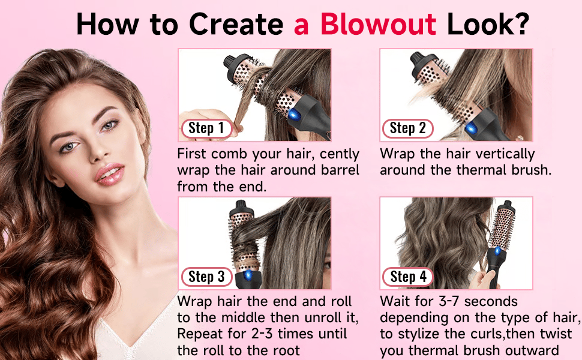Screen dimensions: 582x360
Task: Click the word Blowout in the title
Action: pyautogui.click(x=378, y=25)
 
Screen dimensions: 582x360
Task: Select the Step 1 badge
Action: pyautogui.click(x=206, y=128)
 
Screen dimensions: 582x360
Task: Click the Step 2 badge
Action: pyautogui.click(x=407, y=128)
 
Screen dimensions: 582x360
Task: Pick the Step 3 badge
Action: pyautogui.click(x=206, y=277)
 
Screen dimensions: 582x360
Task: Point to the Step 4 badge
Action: pyautogui.click(x=407, y=277)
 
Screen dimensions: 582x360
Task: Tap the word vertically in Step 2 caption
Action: pyautogui.click(x=505, y=154)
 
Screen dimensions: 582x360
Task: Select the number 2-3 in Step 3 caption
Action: pyautogui.click(x=262, y=334)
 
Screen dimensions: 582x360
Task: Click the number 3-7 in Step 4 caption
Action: pyautogui.click(x=449, y=301)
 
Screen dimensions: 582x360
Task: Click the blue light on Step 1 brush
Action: pyautogui.click(x=295, y=113)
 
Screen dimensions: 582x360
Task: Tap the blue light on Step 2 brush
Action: pyautogui.click(x=471, y=128)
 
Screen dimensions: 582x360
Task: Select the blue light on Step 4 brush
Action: pyautogui.click(x=497, y=251)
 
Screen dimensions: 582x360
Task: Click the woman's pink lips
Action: pyautogui.click(x=109, y=174)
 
